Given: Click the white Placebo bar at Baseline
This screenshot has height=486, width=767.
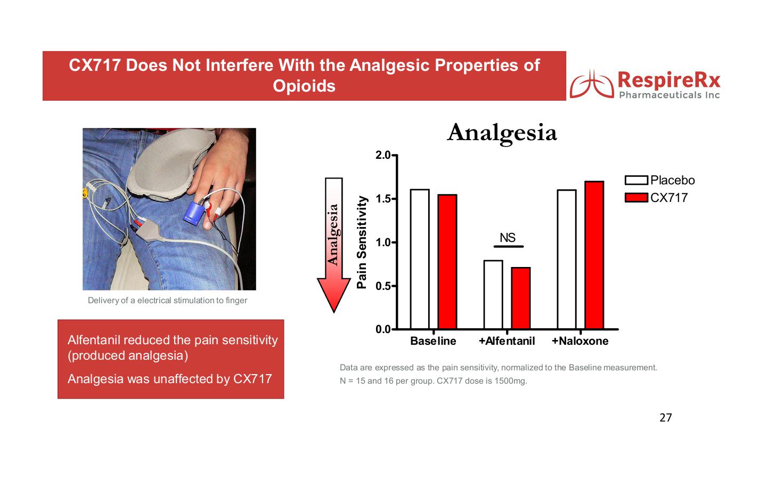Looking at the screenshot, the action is point(420,260).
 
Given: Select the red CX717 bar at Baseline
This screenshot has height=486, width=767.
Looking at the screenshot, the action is point(447,262).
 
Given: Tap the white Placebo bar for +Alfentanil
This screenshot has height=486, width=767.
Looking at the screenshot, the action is point(493,295).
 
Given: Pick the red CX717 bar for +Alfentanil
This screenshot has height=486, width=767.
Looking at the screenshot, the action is point(521,298).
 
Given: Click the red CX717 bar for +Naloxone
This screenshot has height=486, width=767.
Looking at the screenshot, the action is point(594,255).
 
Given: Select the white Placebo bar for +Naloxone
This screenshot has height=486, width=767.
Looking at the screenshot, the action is point(567,260).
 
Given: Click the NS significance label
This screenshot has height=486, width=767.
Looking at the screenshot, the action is point(508,237).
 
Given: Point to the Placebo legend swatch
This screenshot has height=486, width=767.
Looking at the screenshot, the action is point(636,180).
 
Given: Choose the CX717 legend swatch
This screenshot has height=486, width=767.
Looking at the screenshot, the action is point(636,198).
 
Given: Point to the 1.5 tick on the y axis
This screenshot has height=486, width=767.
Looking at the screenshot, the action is point(394,199).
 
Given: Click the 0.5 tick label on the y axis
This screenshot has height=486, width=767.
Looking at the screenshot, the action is point(383,286).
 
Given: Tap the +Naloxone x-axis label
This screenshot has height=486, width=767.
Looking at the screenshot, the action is point(580,341).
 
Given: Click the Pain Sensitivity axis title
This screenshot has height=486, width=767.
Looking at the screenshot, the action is point(362,242).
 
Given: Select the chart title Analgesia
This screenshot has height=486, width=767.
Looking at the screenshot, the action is point(502,133).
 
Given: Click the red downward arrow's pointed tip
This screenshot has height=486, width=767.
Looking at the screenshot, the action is point(334,312).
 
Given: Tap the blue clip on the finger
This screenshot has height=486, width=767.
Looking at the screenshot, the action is point(194,213).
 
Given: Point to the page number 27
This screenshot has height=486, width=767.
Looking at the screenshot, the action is point(666,417).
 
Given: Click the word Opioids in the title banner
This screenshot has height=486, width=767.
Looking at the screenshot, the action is point(304,86).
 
